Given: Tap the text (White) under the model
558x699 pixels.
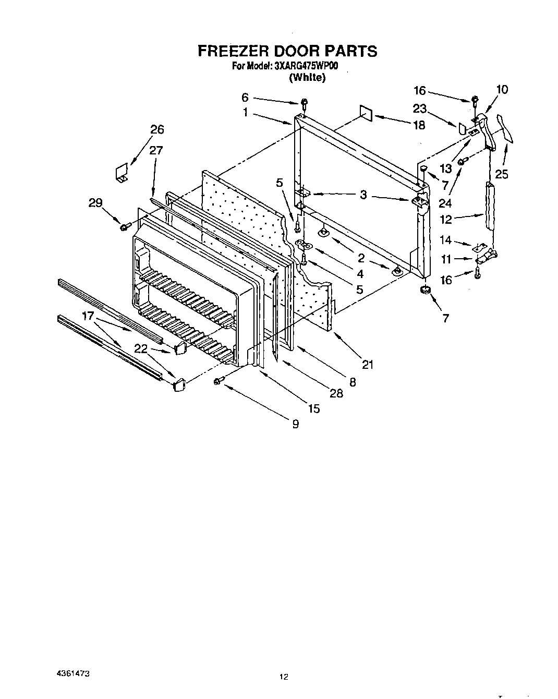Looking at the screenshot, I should [307, 78].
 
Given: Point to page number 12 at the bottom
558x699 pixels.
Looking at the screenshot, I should [283, 677].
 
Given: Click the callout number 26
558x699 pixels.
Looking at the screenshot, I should [157, 130].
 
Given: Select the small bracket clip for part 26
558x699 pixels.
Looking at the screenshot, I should [122, 173].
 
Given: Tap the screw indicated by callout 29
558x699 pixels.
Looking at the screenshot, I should [125, 226].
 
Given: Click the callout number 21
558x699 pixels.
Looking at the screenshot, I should [368, 365].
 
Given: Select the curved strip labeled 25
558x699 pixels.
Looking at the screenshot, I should [506, 128].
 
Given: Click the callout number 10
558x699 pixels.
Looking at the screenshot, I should [501, 89].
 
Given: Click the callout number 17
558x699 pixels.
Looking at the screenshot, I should [88, 316].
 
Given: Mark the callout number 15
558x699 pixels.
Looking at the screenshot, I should [313, 409].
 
